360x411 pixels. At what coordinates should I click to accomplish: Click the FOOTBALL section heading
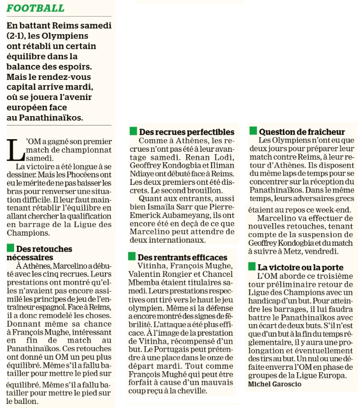[36, 9]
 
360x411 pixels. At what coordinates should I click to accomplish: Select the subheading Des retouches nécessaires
[39, 253]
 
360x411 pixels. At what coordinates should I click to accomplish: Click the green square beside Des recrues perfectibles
[133, 131]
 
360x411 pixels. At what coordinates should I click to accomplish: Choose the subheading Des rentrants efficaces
[183, 257]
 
